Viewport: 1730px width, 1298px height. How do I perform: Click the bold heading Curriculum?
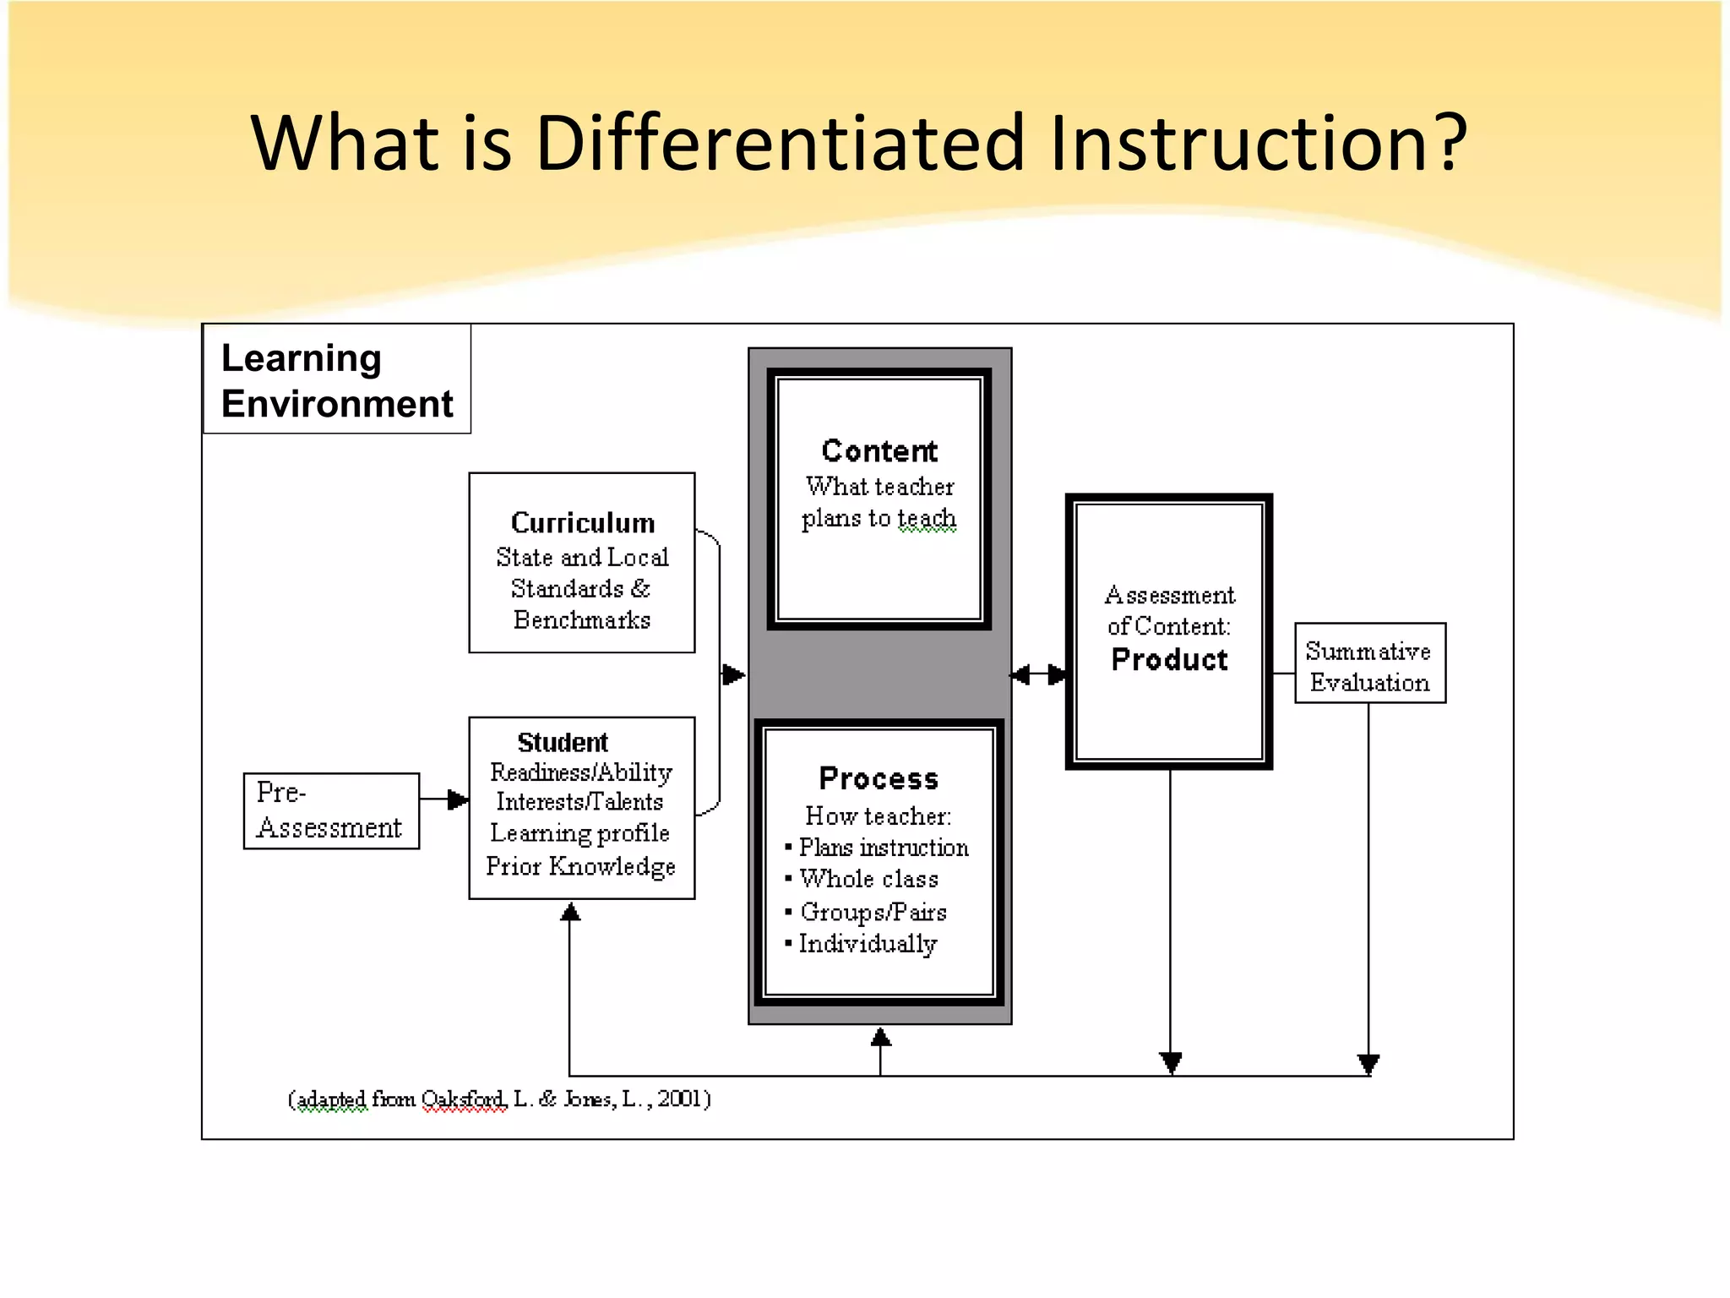click(582, 523)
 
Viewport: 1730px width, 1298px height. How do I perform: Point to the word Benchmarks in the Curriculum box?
click(582, 620)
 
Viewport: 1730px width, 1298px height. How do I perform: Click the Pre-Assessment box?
click(330, 811)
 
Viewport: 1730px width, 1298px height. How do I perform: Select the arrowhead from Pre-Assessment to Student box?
click(458, 799)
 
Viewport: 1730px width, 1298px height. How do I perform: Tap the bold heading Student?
click(562, 742)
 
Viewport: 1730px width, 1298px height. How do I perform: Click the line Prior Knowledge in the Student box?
click(580, 867)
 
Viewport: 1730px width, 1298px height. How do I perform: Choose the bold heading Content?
click(879, 451)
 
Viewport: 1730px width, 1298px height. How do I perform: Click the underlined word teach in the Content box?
click(927, 517)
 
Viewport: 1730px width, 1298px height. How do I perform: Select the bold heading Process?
click(879, 778)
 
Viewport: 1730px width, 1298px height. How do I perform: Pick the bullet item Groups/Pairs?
click(873, 913)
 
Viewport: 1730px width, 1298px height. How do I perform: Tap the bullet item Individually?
click(868, 944)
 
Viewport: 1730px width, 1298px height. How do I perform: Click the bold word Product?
click(1169, 660)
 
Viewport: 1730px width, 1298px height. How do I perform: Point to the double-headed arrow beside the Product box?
click(1039, 674)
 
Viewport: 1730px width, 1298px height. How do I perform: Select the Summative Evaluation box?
click(1369, 664)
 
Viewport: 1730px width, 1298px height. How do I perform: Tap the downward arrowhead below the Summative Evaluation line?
click(1368, 1063)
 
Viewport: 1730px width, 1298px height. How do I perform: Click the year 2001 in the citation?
click(680, 1099)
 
